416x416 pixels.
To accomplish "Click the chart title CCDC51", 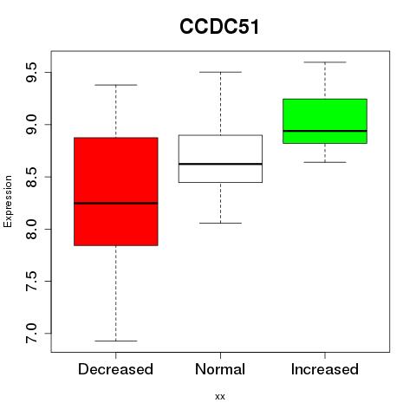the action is coord(219,27).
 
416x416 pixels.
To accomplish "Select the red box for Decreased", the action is coord(116,192).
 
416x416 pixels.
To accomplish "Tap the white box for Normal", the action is coord(220,159).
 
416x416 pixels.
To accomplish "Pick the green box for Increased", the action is coord(325,121).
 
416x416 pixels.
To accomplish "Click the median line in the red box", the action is coord(116,203).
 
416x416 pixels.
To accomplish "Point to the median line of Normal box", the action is coord(220,164).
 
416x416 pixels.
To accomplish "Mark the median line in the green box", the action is coord(325,131).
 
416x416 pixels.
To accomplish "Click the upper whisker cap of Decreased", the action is coord(116,85).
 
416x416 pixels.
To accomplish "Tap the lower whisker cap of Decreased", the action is coord(116,341).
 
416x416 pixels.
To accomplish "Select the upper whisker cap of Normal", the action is coord(220,72).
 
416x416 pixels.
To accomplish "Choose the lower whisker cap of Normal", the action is coord(220,223).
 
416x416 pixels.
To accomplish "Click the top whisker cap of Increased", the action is coord(325,62).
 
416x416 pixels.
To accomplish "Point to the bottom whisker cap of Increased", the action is coord(325,162).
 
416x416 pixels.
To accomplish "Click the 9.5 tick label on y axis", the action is coord(31,72).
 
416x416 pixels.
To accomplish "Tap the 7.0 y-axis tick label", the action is coord(31,334).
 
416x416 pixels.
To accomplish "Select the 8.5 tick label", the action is coord(31,177).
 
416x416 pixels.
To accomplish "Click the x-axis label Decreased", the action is coord(115,369).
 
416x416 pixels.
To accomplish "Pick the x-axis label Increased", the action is coord(325,369).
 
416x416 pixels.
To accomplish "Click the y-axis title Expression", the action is coord(8,201).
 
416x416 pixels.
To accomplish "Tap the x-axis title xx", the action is coord(220,397).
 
